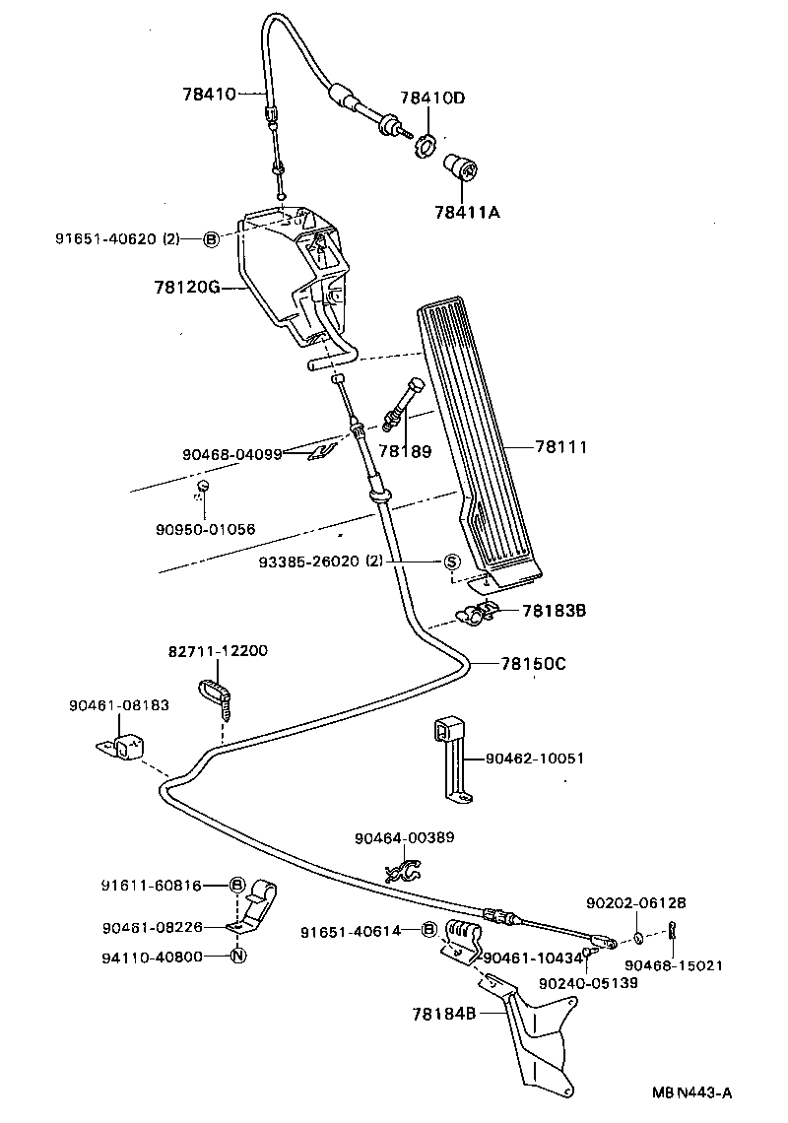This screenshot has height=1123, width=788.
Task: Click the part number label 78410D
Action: pyautogui.click(x=431, y=99)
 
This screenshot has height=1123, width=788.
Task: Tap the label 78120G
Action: pyautogui.click(x=185, y=289)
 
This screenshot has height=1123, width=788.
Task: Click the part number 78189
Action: pyautogui.click(x=405, y=450)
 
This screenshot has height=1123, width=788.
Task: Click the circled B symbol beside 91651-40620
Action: pyautogui.click(x=210, y=238)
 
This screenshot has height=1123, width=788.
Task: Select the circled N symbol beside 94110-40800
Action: pyautogui.click(x=237, y=955)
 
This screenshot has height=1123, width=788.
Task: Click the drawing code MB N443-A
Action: pyautogui.click(x=692, y=1092)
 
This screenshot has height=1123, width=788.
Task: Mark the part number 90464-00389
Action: pyautogui.click(x=405, y=837)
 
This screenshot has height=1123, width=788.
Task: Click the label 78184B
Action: pyautogui.click(x=444, y=1012)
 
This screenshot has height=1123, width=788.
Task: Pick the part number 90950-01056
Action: pyautogui.click(x=204, y=529)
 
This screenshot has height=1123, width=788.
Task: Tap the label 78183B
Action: pyautogui.click(x=554, y=611)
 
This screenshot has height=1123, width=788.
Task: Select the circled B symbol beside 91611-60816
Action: pyautogui.click(x=237, y=885)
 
